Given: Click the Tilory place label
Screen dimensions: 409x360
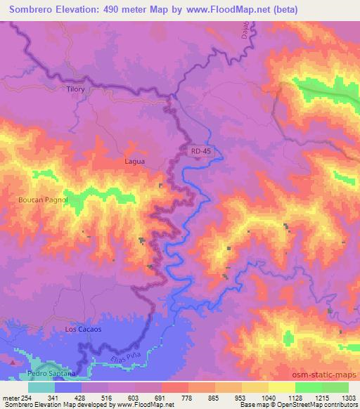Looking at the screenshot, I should click(75, 89).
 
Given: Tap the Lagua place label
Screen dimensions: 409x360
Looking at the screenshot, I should click(134, 161).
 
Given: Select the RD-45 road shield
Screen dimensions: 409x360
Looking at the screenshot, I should click(199, 150).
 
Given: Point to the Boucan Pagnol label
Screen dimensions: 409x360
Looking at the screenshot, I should click(42, 200).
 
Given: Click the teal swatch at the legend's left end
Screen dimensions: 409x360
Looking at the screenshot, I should click(41, 387).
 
